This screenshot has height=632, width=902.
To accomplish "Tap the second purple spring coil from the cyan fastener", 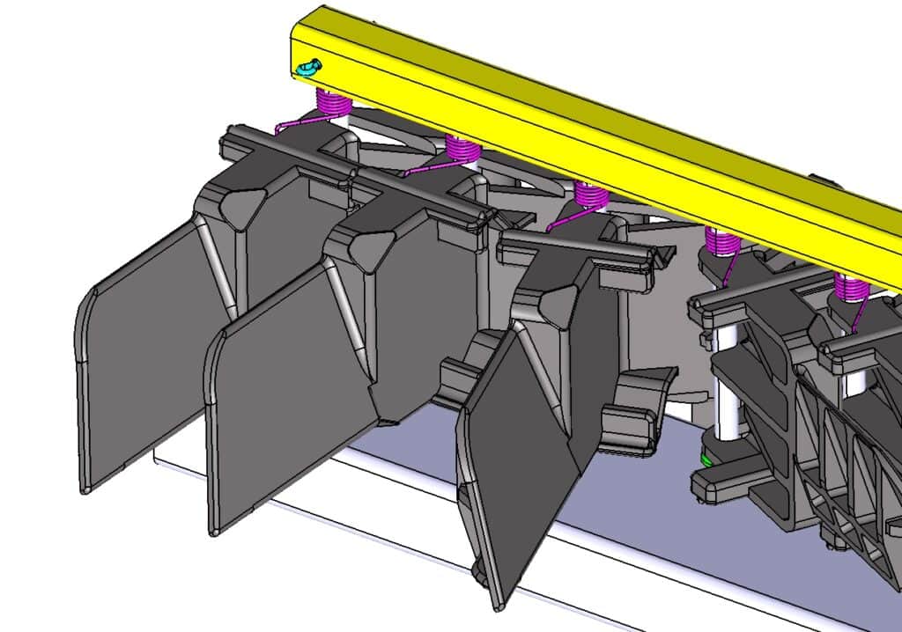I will point(462,149).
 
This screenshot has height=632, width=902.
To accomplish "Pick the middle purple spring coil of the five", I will point(591,195).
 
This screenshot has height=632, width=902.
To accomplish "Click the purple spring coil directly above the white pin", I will point(723,240).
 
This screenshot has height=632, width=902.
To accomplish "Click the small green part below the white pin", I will point(706,459).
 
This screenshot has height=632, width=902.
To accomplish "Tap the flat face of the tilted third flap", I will point(520,467).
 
